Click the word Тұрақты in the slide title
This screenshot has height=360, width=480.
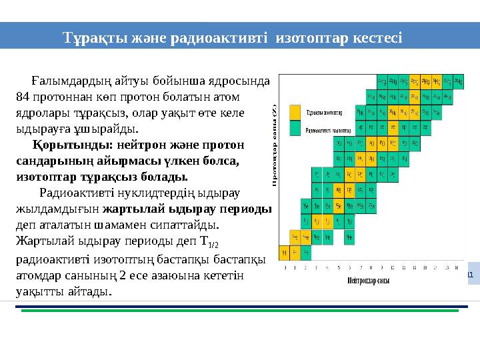90,36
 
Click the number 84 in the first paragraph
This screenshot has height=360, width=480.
23,96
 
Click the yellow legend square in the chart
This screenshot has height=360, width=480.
294,117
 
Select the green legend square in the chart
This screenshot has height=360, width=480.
294,130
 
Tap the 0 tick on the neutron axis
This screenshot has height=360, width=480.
285,268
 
